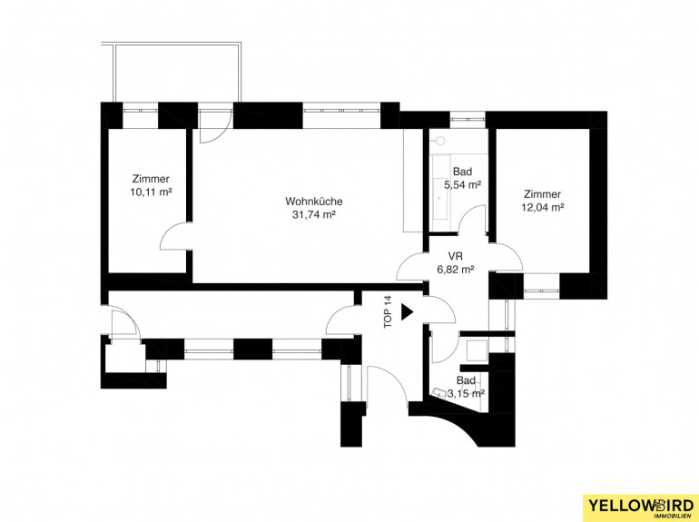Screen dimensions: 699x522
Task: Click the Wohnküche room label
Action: [314, 202]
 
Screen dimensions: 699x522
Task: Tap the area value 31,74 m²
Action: [314, 215]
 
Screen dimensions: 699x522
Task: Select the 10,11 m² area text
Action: [151, 192]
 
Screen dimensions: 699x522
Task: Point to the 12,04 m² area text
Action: [543, 207]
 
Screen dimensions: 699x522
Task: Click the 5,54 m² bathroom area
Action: [462, 185]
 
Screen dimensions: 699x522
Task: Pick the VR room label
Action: [456, 256]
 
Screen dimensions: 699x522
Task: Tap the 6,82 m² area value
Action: [455, 270]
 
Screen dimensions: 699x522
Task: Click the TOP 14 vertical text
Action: [389, 312]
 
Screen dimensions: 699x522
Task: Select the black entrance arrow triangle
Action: [407, 312]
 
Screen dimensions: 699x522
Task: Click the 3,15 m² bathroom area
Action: [467, 394]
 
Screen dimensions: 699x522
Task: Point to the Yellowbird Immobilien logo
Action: [641, 507]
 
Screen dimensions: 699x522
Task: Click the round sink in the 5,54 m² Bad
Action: [440, 141]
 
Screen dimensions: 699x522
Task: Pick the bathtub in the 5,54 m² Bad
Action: [442, 187]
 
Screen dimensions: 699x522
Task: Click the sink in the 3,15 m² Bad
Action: [440, 392]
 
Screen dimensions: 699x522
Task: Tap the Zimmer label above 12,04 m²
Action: [543, 194]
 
